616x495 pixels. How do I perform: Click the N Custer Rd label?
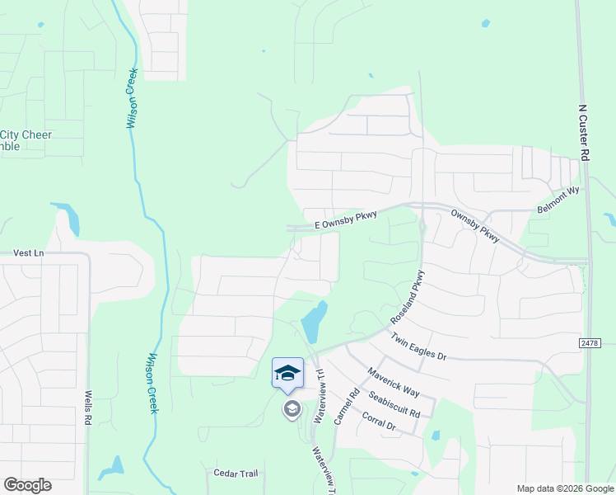click(x=583, y=131)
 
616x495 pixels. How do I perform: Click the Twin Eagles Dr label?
click(x=418, y=347)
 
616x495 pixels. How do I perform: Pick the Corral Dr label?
click(x=379, y=422)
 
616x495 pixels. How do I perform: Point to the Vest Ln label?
click(x=28, y=253)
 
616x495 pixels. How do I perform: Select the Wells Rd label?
click(x=86, y=408)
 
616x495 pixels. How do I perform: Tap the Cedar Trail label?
click(x=236, y=474)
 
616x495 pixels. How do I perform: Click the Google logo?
click(x=27, y=485)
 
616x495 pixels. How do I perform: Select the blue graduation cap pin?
click(x=287, y=374)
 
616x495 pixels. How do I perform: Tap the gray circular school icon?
click(x=292, y=409)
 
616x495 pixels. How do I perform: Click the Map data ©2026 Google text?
click(x=564, y=488)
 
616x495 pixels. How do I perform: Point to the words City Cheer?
click(x=26, y=135)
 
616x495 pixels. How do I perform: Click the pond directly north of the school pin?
click(x=314, y=322)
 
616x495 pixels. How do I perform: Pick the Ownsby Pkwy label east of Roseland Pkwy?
click(x=474, y=225)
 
